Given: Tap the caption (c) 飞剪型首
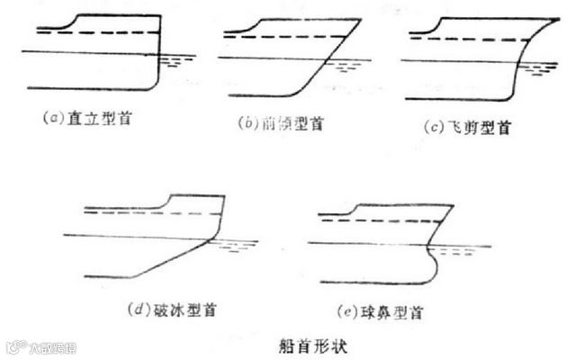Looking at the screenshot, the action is [x=466, y=127].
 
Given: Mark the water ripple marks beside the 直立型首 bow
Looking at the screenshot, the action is [x=180, y=60].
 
